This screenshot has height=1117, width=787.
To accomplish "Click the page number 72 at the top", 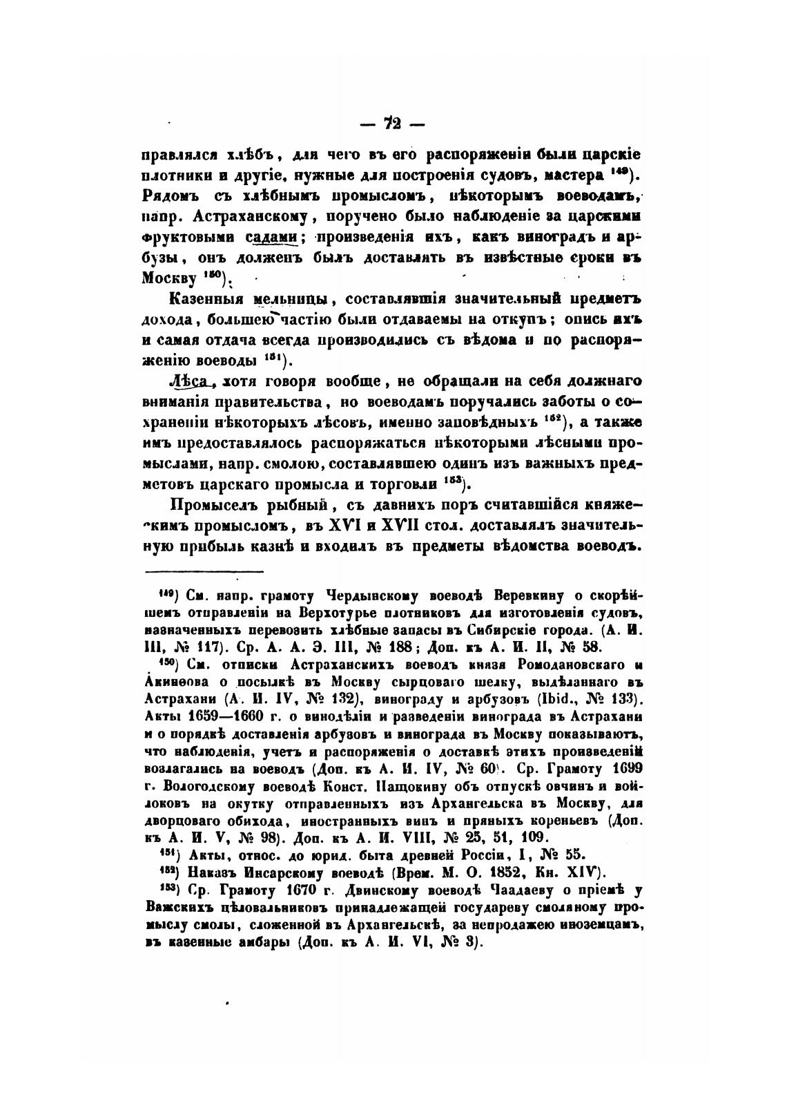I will (393, 124).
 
